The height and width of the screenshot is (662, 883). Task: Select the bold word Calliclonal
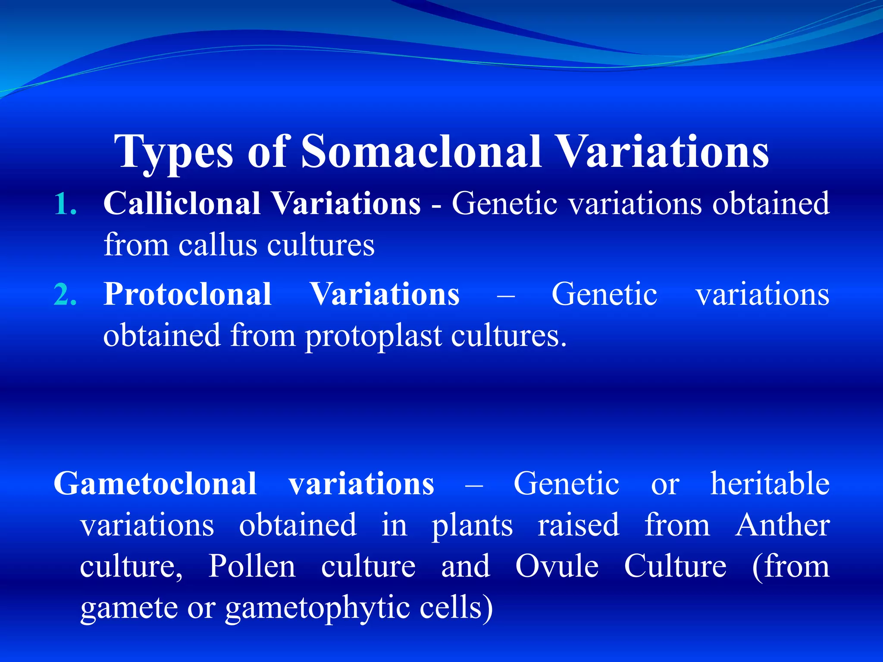tap(182, 203)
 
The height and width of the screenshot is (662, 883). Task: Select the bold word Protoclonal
tap(188, 295)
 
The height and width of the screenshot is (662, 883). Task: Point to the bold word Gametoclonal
tap(155, 484)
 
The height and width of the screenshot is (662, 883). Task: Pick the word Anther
tap(782, 525)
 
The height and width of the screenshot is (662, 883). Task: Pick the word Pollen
tap(252, 566)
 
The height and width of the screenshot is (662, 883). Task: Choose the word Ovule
tap(557, 566)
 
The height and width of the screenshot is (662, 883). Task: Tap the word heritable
tap(770, 484)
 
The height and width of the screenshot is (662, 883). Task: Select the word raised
tap(578, 525)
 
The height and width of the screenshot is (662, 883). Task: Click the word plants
tap(472, 526)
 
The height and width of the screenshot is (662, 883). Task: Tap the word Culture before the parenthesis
tap(675, 566)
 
